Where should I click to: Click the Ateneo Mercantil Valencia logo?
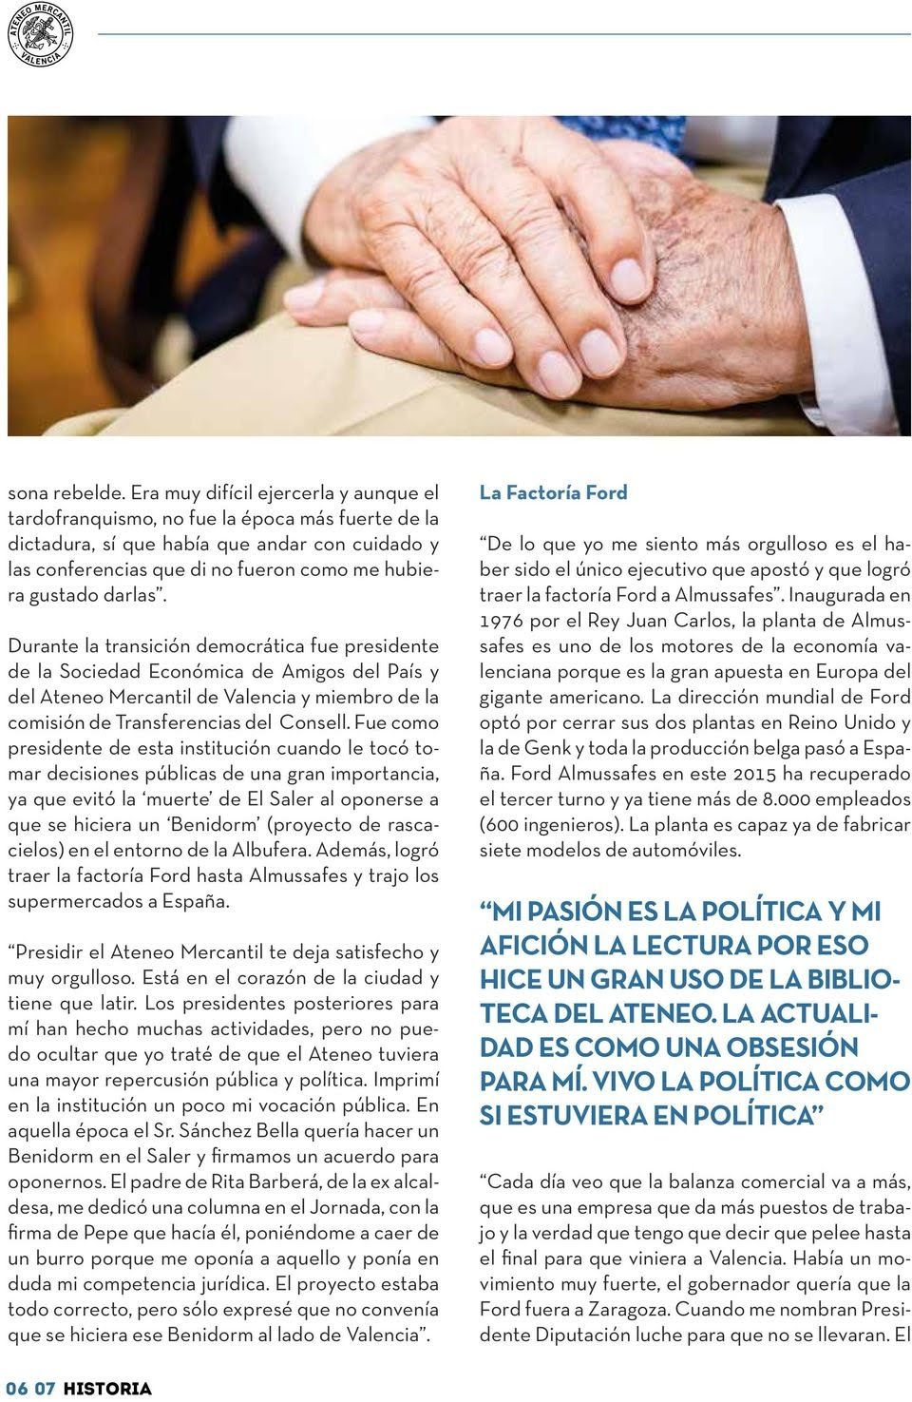pos(41,34)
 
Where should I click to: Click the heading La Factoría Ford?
pos(553,492)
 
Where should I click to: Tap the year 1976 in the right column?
pos(502,621)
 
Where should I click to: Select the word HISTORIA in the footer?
pos(107,1389)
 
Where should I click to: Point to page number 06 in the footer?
pos(18,1389)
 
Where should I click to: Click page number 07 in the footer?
pos(45,1389)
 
